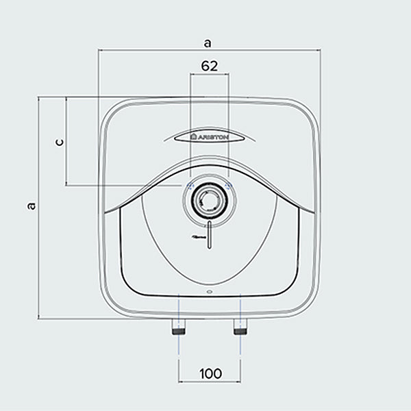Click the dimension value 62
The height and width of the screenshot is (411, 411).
click(x=209, y=66)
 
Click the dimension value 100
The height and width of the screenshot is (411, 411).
click(x=210, y=373)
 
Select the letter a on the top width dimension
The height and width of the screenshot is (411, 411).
click(x=208, y=42)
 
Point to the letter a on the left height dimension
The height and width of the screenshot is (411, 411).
click(x=31, y=206)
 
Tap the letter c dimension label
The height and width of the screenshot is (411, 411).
click(x=59, y=142)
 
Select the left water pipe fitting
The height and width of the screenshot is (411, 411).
click(x=179, y=328)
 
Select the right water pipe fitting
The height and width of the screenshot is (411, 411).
click(x=240, y=328)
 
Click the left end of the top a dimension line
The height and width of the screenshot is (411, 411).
click(x=98, y=49)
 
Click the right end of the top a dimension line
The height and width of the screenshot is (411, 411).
click(x=321, y=49)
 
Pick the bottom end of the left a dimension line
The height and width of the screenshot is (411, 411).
click(x=39, y=319)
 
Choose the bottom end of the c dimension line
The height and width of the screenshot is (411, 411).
click(x=66, y=185)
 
